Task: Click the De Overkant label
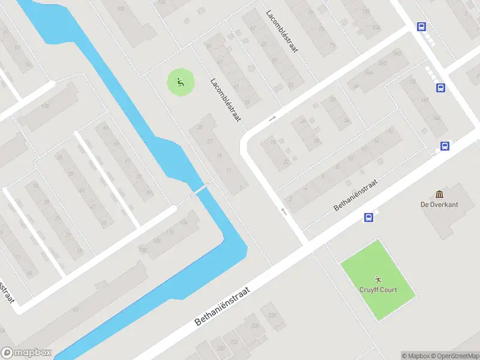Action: [439, 205]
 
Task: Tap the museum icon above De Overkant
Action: [439, 194]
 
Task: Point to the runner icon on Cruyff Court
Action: [378, 279]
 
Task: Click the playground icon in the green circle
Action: [180, 82]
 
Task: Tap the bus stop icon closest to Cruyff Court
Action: [368, 218]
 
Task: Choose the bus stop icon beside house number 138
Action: [441, 88]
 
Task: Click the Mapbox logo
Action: [26, 353]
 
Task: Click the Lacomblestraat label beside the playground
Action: [226, 100]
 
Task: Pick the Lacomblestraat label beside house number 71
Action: [283, 31]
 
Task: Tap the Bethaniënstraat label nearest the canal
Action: [221, 305]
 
